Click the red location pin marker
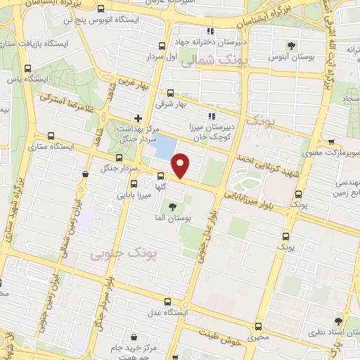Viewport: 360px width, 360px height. (181, 166)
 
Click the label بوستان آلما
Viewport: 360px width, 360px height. (177, 220)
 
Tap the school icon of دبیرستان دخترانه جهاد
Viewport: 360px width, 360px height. (210, 31)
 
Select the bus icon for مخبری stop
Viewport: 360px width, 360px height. (258, 326)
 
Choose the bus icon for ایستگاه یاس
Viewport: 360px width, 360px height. (28, 68)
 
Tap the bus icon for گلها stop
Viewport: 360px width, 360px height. (161, 176)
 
